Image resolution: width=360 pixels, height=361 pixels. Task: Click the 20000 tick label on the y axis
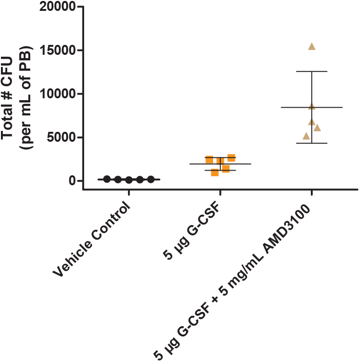[57, 7]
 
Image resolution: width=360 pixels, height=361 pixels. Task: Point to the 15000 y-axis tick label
[58, 50]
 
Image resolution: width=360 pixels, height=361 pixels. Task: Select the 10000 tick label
[58, 94]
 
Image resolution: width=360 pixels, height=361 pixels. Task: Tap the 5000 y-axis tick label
[61, 137]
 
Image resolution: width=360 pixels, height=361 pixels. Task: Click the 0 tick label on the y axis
[72, 180]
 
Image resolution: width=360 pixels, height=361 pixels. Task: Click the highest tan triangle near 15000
[312, 46]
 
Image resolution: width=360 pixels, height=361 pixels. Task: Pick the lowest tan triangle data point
[306, 136]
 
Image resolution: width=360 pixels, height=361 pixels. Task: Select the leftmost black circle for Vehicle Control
[107, 179]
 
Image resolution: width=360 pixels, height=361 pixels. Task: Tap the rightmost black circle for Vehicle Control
[151, 179]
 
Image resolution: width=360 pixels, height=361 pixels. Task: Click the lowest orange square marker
[215, 172]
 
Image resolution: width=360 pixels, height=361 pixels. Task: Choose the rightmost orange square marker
[231, 158]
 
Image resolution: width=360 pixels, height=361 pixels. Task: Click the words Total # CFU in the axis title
[7, 98]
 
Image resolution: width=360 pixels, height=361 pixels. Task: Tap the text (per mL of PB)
[26, 98]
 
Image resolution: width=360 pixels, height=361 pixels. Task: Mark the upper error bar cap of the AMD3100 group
[312, 71]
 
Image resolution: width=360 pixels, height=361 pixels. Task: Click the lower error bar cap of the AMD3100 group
[312, 143]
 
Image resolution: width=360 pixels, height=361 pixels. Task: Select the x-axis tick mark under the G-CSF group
[220, 192]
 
